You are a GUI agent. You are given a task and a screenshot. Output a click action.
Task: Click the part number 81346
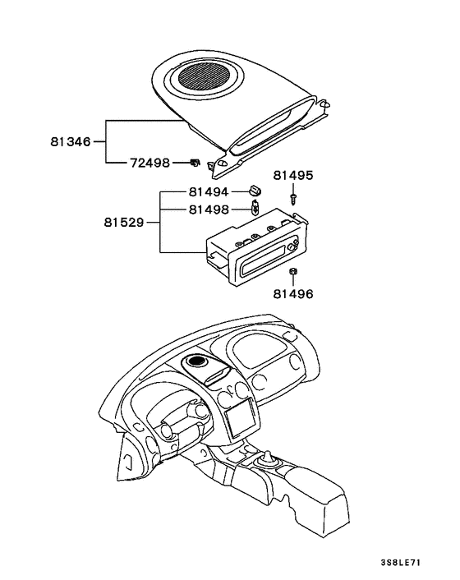71,141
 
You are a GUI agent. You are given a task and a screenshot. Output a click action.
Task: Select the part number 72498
149,163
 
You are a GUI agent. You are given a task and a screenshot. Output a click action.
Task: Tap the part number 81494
209,192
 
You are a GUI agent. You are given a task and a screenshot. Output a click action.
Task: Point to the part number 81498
209,209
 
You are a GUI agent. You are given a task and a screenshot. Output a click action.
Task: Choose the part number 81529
124,223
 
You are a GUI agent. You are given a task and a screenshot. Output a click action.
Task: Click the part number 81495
293,175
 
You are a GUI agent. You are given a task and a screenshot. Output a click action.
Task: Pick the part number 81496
293,294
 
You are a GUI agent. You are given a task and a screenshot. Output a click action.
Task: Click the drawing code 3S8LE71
401,563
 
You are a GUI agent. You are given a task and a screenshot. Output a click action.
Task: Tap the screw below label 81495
293,198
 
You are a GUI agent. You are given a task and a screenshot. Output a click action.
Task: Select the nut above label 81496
293,271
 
